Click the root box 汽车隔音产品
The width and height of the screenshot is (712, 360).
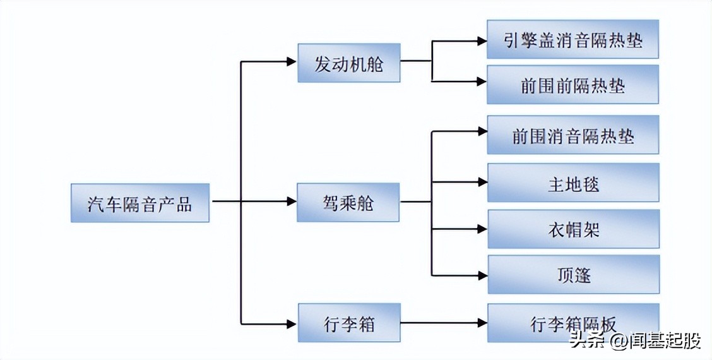click(139, 203)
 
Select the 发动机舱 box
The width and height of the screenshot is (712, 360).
click(349, 63)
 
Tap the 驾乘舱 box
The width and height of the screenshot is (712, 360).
click(348, 203)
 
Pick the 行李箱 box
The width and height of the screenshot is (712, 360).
click(348, 323)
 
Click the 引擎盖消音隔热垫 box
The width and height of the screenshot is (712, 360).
click(573, 39)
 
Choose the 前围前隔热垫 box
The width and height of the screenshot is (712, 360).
click(573, 84)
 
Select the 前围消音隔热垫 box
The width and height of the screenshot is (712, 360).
click(573, 135)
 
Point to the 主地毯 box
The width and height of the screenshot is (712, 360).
click(573, 183)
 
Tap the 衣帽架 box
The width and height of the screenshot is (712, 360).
click(573, 229)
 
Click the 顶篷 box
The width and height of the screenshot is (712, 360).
click(573, 275)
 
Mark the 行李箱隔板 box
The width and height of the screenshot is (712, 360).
click(573, 323)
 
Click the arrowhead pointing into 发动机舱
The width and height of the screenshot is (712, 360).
click(291, 62)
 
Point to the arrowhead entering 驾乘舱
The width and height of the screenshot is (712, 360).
click(291, 201)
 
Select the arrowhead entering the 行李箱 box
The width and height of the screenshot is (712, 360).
click(291, 324)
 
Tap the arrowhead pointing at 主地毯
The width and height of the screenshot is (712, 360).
click(482, 182)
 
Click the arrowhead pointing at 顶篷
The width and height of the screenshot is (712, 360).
click(482, 275)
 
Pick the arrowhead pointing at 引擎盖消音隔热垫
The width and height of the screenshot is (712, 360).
click(482, 42)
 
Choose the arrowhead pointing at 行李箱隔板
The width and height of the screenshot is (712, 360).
click(482, 323)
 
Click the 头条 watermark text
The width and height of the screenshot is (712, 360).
click(585, 341)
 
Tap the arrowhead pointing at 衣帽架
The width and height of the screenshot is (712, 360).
click(482, 229)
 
